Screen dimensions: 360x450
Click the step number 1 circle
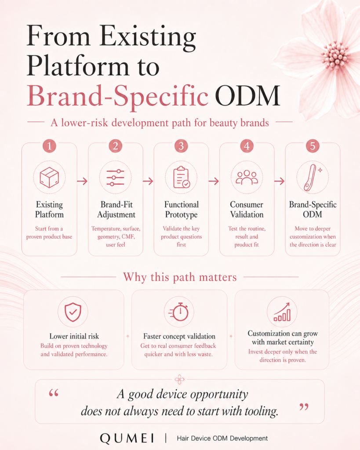(x=49, y=146)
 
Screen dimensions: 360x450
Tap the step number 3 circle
(x=181, y=146)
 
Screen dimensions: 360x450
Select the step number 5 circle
(x=313, y=146)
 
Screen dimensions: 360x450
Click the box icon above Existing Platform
(x=49, y=178)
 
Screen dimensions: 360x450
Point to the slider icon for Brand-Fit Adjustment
(x=115, y=178)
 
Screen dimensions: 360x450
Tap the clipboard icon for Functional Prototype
(x=182, y=178)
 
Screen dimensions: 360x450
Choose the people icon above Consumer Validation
(x=247, y=178)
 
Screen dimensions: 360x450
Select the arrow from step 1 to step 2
(x=82, y=181)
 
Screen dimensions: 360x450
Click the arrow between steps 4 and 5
(x=279, y=181)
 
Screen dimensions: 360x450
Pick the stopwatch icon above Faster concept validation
(x=179, y=312)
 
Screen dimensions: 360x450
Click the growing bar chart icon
(x=282, y=312)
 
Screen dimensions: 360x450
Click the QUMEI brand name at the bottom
(x=127, y=438)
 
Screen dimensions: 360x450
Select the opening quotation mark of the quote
(x=54, y=393)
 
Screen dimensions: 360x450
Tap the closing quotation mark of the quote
(x=304, y=407)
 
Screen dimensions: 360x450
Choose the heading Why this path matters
(x=180, y=277)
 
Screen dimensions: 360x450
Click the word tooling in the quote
(x=261, y=411)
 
